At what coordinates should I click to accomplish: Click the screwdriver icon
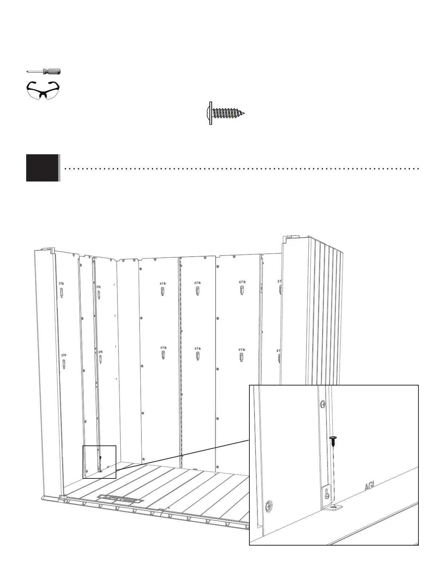pos(43,72)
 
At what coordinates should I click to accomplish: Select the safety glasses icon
pos(43,89)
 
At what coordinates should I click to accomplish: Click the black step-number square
pos(42,168)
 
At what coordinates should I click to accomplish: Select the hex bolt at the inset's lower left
pos(269,505)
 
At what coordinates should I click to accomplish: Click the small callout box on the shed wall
pos(99,462)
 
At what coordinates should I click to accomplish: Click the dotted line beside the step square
pos(240,169)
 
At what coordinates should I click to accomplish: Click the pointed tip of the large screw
pos(244,113)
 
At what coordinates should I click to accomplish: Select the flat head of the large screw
pos(210,113)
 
